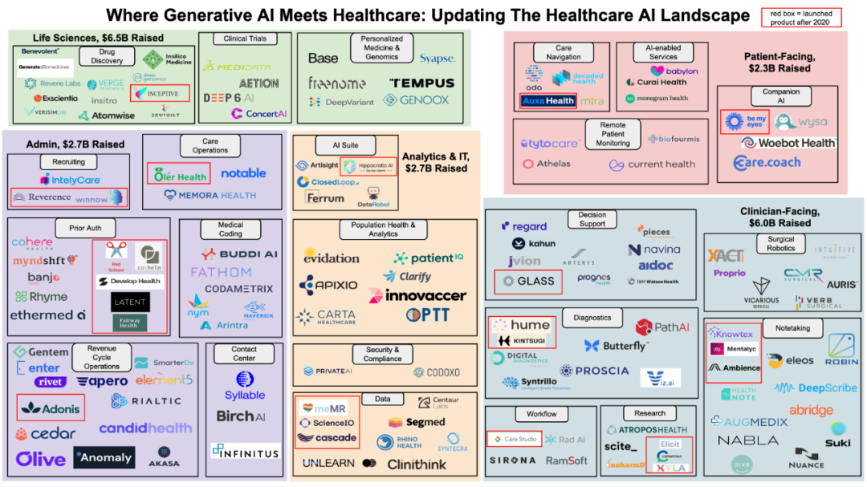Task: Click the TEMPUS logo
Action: (x=421, y=83)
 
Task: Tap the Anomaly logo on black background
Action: (x=104, y=457)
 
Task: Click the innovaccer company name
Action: (x=417, y=295)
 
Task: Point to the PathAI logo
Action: (x=662, y=327)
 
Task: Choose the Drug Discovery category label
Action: (x=107, y=55)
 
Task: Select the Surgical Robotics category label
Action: (x=780, y=244)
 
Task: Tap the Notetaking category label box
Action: (x=793, y=328)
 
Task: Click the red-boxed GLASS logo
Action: (x=528, y=281)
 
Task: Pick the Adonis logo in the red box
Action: (x=51, y=408)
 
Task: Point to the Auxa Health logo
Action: (x=548, y=101)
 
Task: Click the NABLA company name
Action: (x=747, y=440)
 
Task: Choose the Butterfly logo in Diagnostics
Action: (x=616, y=346)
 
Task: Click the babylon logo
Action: (x=674, y=71)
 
